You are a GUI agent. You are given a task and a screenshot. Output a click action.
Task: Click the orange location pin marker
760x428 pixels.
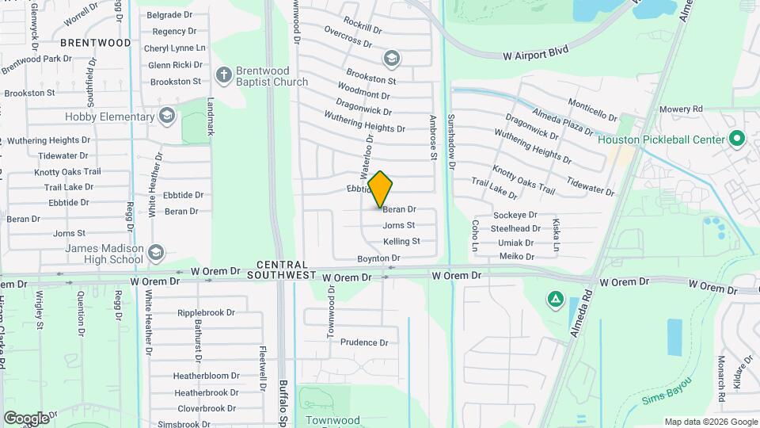pos(380,189)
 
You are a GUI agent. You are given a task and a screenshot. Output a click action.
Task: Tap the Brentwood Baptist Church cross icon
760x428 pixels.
pos(224,76)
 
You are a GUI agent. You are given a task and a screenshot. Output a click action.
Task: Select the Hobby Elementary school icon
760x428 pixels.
pos(166,117)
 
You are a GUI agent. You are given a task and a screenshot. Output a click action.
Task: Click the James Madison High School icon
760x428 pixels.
pos(155,253)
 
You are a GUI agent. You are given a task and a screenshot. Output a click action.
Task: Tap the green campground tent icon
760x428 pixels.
pos(556,300)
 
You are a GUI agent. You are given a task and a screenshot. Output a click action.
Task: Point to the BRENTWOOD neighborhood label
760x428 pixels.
pos(94,43)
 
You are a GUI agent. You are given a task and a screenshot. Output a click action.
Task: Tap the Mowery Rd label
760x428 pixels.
pos(681,109)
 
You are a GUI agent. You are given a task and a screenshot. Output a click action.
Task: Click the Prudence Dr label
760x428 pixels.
pos(364,343)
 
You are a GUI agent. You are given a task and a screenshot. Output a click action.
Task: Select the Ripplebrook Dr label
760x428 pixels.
pos(207,312)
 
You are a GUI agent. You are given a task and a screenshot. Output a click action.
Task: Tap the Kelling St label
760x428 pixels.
pos(401,242)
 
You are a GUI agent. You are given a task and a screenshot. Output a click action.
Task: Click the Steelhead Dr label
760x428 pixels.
pos(515,228)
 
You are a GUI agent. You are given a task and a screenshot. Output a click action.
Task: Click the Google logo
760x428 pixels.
pos(26,418)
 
